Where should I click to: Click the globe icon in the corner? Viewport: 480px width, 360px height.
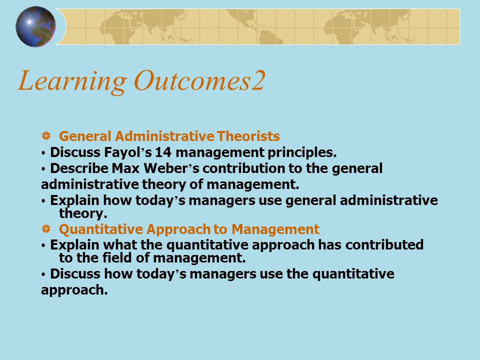click(35, 26)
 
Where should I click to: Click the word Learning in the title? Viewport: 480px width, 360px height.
click(72, 81)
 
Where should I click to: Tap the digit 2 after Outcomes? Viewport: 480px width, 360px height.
click(258, 80)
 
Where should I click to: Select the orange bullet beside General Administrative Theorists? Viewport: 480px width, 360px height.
click(46, 135)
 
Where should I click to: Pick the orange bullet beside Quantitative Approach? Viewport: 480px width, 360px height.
click(46, 228)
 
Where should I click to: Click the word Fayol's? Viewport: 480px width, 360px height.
click(128, 152)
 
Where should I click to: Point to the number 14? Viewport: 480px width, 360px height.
click(163, 152)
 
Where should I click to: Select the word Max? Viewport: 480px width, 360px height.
click(125, 168)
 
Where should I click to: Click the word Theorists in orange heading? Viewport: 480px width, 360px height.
click(248, 136)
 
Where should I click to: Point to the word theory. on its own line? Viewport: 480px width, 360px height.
click(83, 213)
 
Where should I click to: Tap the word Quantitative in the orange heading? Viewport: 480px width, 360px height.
click(101, 229)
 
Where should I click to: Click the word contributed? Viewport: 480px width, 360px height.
click(384, 245)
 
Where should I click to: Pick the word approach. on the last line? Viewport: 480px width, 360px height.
click(74, 290)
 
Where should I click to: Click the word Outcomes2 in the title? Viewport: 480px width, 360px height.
click(199, 80)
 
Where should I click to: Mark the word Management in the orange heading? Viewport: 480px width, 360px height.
click(275, 229)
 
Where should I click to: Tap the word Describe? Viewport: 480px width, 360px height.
click(79, 168)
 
